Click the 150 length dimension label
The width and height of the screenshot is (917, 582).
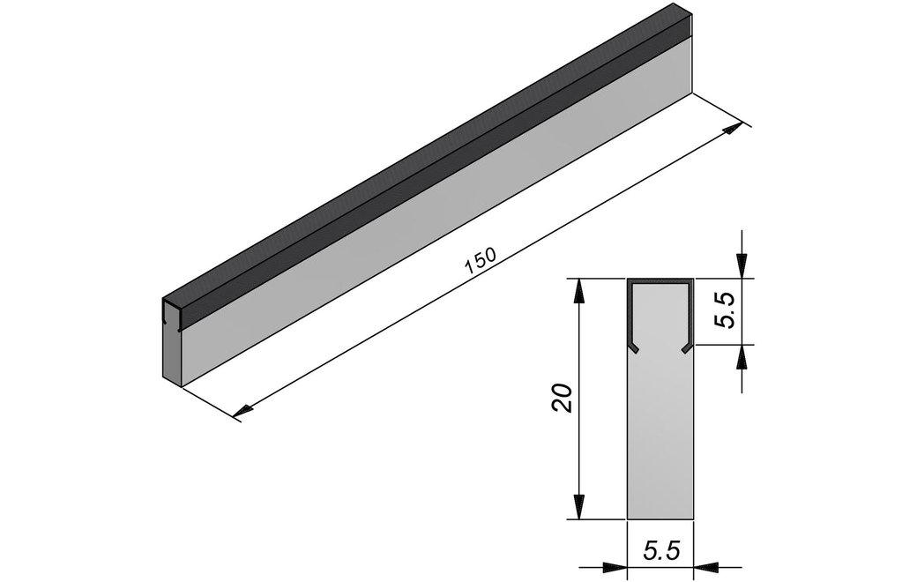click(481, 261)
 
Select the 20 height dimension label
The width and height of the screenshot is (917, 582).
click(562, 399)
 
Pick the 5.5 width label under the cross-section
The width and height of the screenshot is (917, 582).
click(661, 550)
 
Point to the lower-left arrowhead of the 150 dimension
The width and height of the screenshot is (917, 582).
click(243, 411)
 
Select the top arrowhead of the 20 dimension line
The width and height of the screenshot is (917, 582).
click(578, 291)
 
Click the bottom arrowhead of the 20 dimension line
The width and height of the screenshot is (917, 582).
click(578, 506)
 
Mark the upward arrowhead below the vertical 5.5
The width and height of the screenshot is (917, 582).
click(742, 357)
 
